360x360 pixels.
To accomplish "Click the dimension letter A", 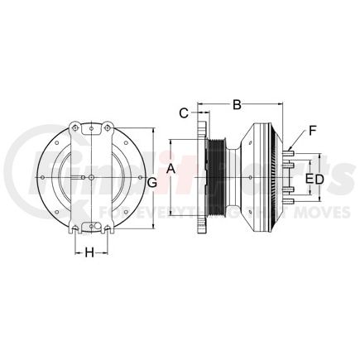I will tap(171, 169).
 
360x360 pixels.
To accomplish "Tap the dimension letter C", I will tap(185, 113).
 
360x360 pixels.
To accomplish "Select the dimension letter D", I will tap(319, 179).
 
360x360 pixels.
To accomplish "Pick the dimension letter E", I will tap(309, 179).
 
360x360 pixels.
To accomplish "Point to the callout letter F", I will tap(312, 129).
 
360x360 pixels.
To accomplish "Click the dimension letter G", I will tap(152, 180).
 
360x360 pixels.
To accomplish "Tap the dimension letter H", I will tap(89, 252).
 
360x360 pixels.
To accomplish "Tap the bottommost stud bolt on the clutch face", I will tap(291, 203).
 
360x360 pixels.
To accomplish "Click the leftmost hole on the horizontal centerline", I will tap(40, 178).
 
